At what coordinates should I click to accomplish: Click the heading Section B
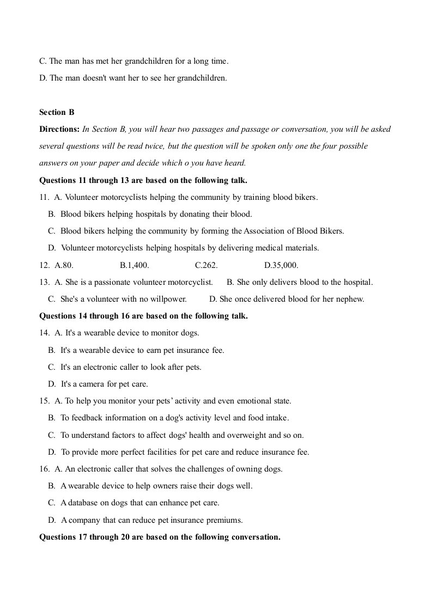57,112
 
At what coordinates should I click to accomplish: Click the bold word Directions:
59,129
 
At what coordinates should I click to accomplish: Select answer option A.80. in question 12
64,265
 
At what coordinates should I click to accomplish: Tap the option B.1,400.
135,265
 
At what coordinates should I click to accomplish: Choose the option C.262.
206,265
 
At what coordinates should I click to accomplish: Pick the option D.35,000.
281,265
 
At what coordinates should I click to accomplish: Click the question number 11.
44,197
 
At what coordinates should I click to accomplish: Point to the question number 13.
44,282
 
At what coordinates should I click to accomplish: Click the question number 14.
44,333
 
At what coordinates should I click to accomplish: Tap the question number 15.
44,401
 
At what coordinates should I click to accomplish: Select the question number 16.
44,468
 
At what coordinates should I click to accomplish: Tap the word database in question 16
83,503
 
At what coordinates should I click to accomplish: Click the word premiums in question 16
226,520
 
